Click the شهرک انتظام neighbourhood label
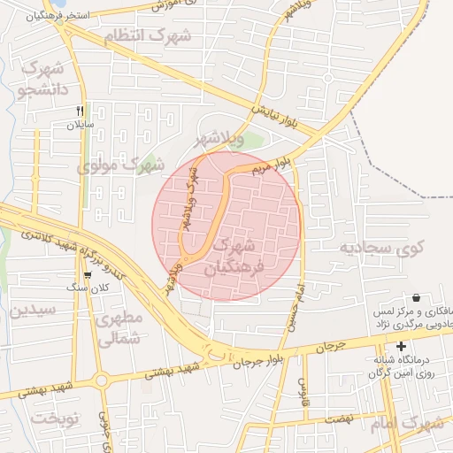[148, 36]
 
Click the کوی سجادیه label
[382, 247]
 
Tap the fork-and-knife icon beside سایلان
[81, 111]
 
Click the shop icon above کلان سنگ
[87, 275]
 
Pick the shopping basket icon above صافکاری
[416, 298]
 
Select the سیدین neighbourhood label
[33, 310]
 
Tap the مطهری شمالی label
[119, 327]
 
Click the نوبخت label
[50, 417]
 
